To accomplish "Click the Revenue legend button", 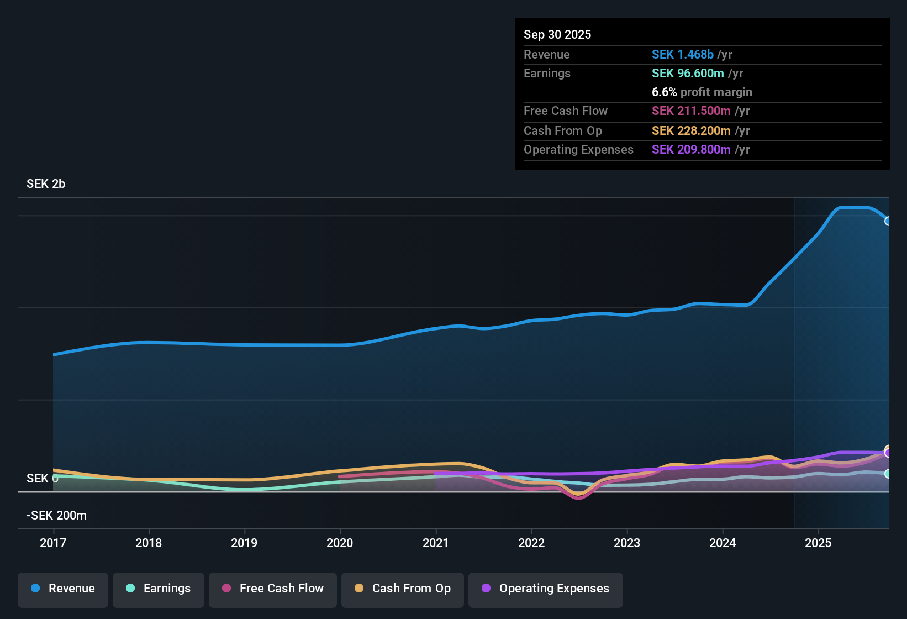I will pos(63,589).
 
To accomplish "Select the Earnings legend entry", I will pos(159,589).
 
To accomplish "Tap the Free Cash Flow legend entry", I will pos(273,589).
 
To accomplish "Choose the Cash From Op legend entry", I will pos(403,589).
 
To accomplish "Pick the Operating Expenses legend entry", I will pos(546,589).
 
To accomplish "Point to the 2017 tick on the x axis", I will pos(53,543).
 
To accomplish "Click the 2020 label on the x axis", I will pos(340,543).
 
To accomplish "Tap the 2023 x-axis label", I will pos(627,543).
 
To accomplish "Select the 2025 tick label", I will pos(818,543).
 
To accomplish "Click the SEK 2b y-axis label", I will pos(46,184).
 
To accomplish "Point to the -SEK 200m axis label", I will pos(56,516).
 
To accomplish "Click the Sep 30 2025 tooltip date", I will pos(557,35).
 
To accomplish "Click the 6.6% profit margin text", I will pos(702,92).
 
